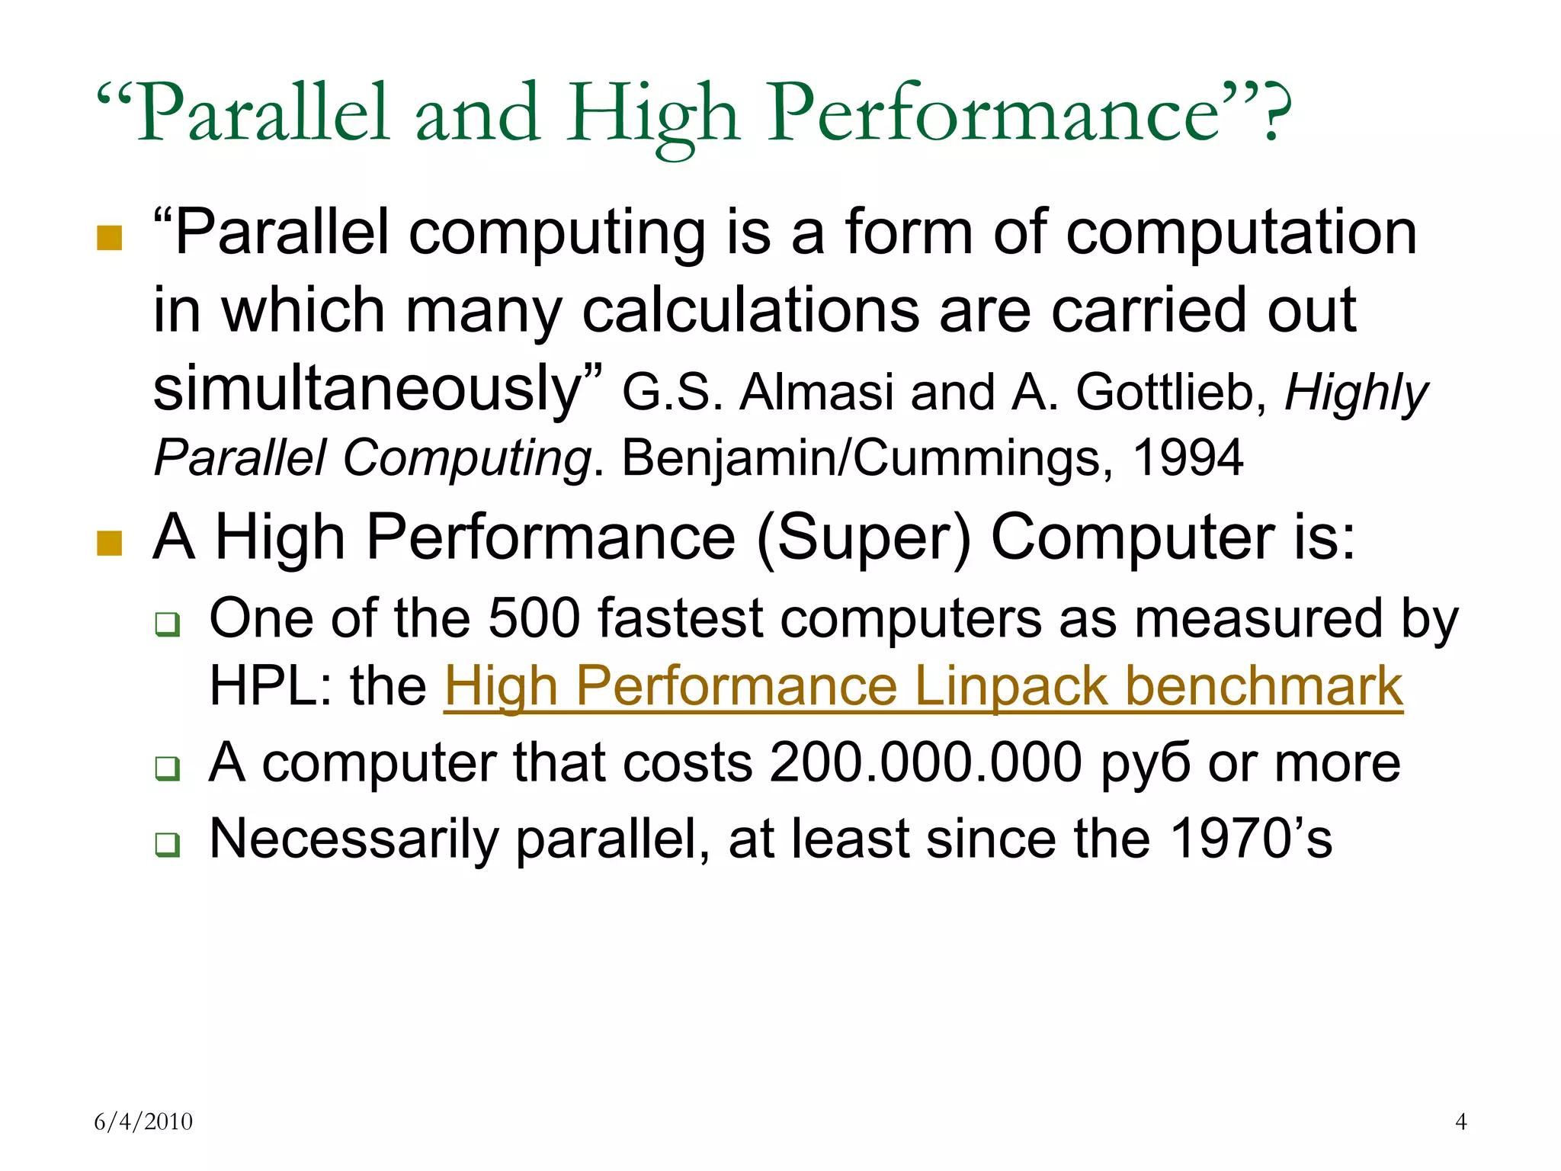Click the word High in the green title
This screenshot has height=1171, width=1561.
[x=652, y=114]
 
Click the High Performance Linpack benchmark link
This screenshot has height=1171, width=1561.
[x=923, y=687]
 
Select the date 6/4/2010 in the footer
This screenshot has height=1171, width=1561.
[x=143, y=1121]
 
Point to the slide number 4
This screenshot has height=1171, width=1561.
[x=1460, y=1121]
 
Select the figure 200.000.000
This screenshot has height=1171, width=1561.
[x=925, y=762]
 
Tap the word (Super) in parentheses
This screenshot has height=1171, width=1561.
[x=864, y=538]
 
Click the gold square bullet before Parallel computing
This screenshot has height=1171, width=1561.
[x=110, y=238]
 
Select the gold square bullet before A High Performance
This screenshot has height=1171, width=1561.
[x=110, y=544]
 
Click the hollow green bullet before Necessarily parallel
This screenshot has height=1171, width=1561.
[x=168, y=845]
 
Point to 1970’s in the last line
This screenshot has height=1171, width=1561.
[x=1250, y=839]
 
